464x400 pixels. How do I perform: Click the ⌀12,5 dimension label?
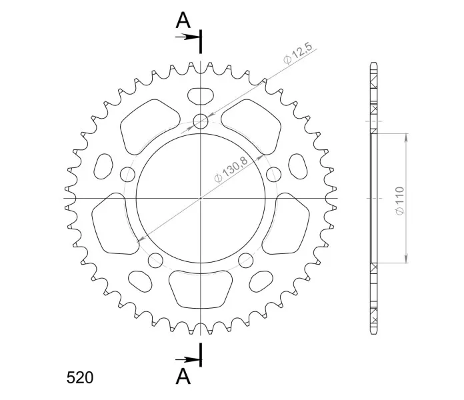(297, 53)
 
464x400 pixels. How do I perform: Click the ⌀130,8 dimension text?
(231, 170)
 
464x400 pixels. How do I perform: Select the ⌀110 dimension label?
(399, 201)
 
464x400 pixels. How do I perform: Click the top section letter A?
(183, 21)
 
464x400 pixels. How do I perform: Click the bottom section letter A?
(183, 377)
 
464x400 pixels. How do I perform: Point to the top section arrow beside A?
(187, 37)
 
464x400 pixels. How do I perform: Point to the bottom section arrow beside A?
(187, 360)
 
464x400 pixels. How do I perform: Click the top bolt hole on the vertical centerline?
(201, 121)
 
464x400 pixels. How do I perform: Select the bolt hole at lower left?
(155, 260)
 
